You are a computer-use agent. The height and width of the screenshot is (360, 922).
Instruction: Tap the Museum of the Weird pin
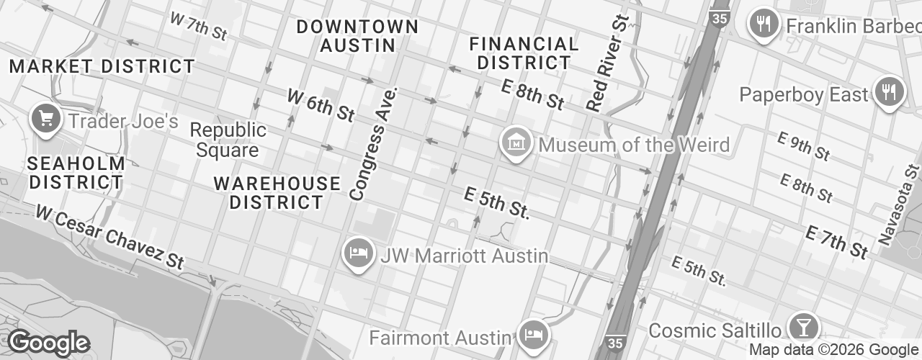[516, 143]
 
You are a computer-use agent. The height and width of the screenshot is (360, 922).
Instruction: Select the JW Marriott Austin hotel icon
[358, 253]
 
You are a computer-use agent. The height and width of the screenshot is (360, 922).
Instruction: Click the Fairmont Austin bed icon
[534, 336]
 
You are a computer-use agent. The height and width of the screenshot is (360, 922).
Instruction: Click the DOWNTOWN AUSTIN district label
[357, 36]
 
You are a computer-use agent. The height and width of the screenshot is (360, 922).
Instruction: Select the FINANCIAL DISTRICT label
[524, 53]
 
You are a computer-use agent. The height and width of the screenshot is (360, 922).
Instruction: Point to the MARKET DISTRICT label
[102, 67]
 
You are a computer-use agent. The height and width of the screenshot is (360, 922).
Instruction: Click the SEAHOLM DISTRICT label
[76, 173]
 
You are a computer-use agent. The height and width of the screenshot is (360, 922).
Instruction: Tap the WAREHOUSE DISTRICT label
[277, 193]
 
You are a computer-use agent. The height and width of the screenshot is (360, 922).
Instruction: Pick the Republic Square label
[228, 140]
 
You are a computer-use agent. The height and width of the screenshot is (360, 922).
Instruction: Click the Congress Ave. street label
[373, 144]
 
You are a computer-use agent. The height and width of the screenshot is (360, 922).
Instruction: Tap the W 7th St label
[198, 27]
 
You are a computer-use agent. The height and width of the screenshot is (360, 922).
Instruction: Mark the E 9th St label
[805, 146]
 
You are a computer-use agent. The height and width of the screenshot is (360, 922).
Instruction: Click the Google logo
[48, 343]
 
